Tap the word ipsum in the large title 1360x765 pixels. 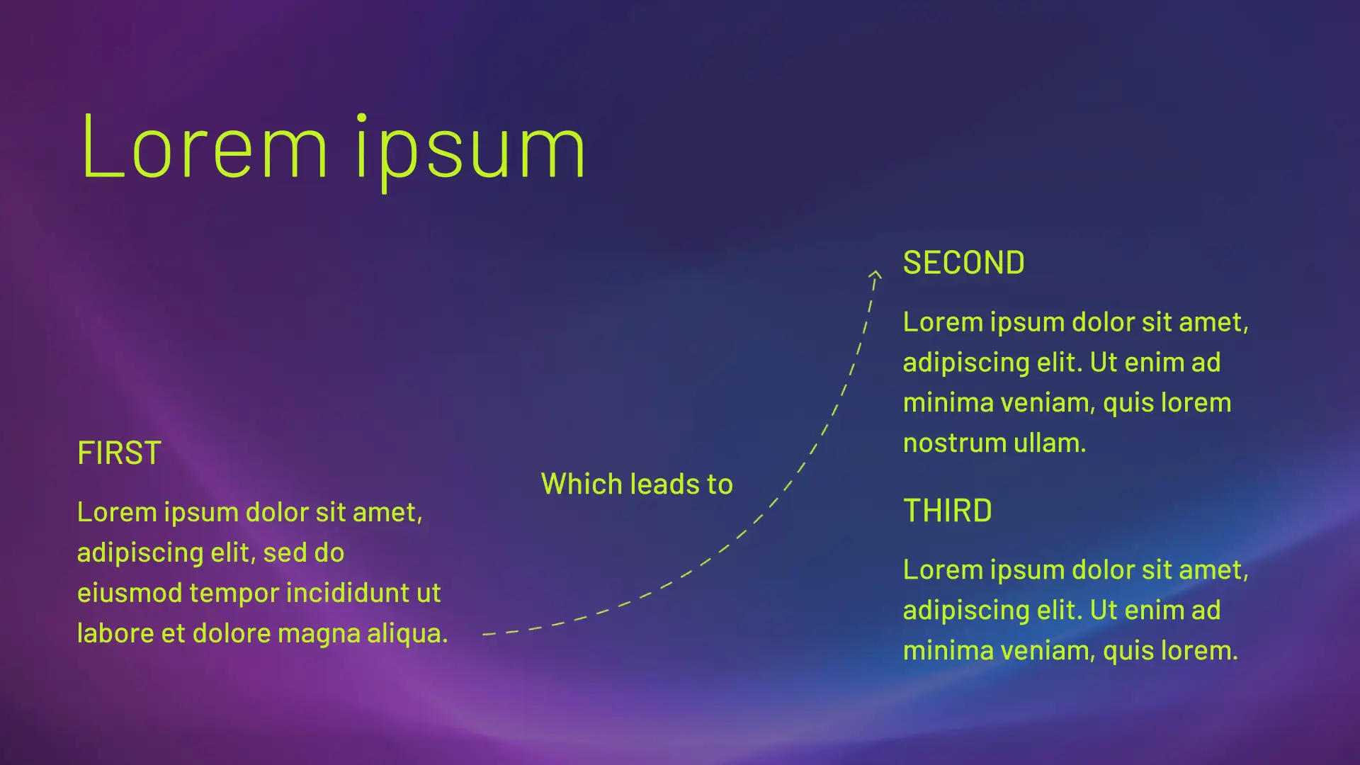pyautogui.click(x=470, y=151)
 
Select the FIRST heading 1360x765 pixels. pyautogui.click(x=119, y=453)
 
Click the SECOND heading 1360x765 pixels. pyautogui.click(x=963, y=263)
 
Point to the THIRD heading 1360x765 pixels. pyautogui.click(x=947, y=511)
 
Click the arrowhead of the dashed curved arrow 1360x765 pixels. pyautogui.click(x=876, y=274)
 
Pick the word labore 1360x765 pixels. pyautogui.click(x=115, y=633)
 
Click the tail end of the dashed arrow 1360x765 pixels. pyautogui.click(x=484, y=634)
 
